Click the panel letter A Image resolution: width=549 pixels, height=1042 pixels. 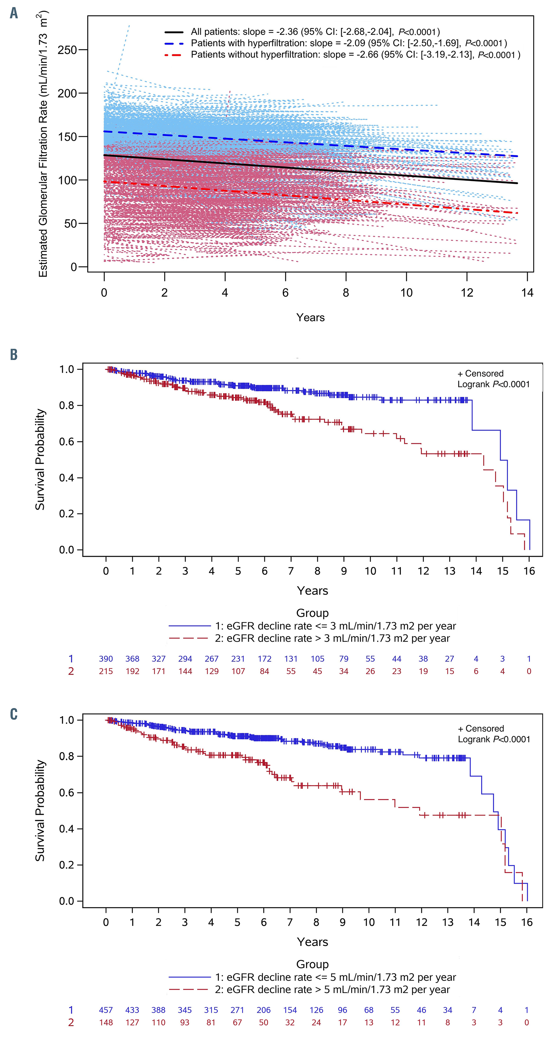[x=14, y=13]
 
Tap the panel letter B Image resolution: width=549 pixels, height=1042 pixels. [x=14, y=355]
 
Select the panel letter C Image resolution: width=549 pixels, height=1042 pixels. [x=14, y=714]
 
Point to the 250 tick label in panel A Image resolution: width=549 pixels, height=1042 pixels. [x=67, y=50]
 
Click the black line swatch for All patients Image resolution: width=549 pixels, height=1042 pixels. [x=174, y=32]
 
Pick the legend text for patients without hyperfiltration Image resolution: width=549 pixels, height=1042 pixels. [x=355, y=55]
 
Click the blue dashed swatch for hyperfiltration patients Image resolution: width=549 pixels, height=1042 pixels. [x=174, y=43]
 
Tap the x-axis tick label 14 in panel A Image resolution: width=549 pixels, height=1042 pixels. [x=527, y=293]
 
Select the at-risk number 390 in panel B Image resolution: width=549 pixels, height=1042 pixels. [x=106, y=659]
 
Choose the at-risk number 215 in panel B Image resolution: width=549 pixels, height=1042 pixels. [x=106, y=672]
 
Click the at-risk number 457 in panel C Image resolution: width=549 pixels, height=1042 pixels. [x=106, y=1010]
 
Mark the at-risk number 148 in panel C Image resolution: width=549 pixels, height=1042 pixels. [x=106, y=1023]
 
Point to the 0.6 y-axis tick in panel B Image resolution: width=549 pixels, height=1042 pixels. [x=67, y=442]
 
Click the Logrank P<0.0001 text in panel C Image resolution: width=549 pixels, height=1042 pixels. [x=494, y=740]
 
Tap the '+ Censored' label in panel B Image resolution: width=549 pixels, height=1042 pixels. [x=480, y=373]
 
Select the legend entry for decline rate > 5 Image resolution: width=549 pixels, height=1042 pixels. [x=332, y=990]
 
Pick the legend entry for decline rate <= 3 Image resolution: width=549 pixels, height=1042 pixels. [x=335, y=626]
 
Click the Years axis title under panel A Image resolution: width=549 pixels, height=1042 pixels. [x=310, y=318]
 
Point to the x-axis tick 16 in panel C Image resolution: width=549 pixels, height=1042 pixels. [x=527, y=922]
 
